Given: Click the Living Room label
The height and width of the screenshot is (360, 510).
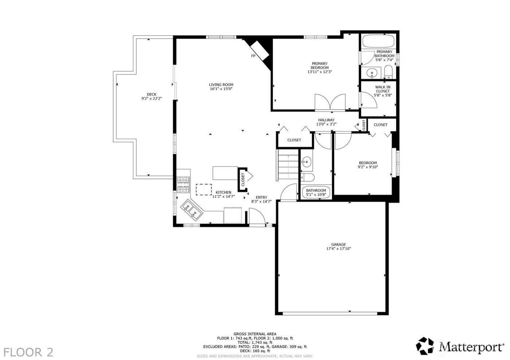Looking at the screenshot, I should click(221, 85).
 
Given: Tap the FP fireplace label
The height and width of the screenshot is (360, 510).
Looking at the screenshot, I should click(253, 56).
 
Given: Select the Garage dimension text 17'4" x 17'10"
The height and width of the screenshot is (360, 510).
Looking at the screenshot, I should click(338, 249).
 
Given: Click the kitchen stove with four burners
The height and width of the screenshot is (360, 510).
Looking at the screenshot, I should click(184, 184).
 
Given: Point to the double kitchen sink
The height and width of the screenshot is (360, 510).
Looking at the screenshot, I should click(192, 210).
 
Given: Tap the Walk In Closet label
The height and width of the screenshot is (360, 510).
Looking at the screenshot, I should click(382, 89).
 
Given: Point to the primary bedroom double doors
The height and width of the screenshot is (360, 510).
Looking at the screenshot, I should click(330, 102).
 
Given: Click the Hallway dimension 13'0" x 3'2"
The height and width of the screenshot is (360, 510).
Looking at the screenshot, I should click(326, 124).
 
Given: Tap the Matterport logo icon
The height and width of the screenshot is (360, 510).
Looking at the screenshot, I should click(425, 346).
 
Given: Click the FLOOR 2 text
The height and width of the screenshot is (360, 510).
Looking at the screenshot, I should click(28, 352).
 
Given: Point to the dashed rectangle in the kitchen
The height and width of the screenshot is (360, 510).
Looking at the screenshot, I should click(204, 190).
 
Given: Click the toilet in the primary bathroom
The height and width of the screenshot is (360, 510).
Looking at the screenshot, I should click(388, 72).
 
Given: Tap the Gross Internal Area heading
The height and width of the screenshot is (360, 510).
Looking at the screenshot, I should click(255, 334).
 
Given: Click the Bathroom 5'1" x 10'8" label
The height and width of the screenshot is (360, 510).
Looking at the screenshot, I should click(316, 193).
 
